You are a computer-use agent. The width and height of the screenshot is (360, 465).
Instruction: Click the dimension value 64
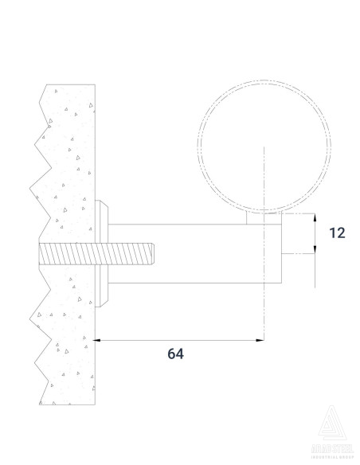click(176, 354)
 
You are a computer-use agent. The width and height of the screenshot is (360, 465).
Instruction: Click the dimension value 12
click(337, 232)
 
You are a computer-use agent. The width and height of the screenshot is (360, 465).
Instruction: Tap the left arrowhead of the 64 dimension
click(100, 341)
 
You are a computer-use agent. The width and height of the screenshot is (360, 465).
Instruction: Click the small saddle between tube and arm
click(263, 214)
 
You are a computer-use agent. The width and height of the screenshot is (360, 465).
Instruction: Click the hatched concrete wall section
click(68, 159)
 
